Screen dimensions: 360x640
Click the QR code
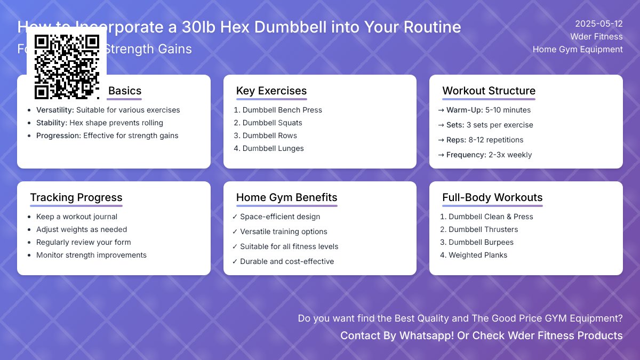tap(67, 67)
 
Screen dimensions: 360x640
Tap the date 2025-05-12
tap(598, 24)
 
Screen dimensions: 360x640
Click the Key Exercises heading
tap(271, 91)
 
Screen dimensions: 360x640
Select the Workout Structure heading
tap(489, 91)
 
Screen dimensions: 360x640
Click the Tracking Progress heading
tap(76, 197)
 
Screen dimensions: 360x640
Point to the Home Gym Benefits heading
tap(286, 197)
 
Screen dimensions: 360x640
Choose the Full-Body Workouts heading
tap(492, 197)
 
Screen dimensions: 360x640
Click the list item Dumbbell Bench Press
tap(282, 110)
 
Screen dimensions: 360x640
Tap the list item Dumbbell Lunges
tap(273, 148)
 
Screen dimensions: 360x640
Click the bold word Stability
tap(52, 123)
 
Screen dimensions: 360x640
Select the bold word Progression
tap(58, 135)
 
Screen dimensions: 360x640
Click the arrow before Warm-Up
tap(441, 110)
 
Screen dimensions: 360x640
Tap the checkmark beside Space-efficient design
tap(235, 217)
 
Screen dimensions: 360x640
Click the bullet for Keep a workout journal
tap(29, 217)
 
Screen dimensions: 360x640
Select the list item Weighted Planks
tap(478, 255)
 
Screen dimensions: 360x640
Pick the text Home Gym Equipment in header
tap(578, 50)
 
